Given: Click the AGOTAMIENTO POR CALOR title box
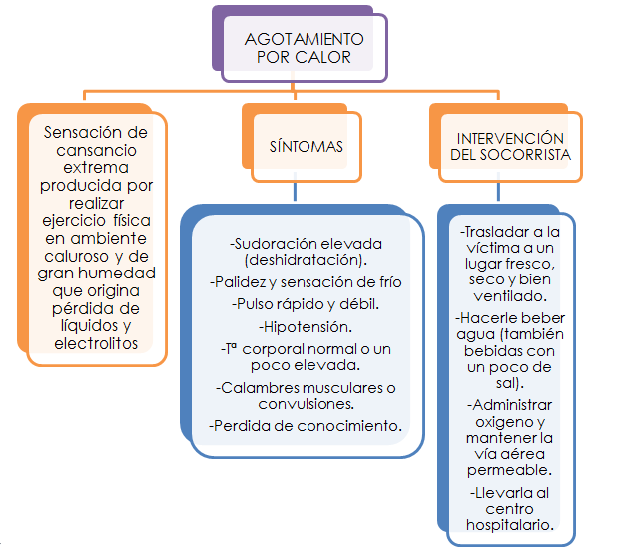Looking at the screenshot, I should (304, 48).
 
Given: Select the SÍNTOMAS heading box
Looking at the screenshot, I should (307, 146).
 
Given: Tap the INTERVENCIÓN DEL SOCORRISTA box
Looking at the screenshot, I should (509, 147).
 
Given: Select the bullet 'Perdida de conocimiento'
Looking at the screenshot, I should (306, 426).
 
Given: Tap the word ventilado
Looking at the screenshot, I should (509, 295).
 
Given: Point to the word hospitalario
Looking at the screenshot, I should (509, 525).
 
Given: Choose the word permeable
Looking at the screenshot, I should (509, 469).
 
